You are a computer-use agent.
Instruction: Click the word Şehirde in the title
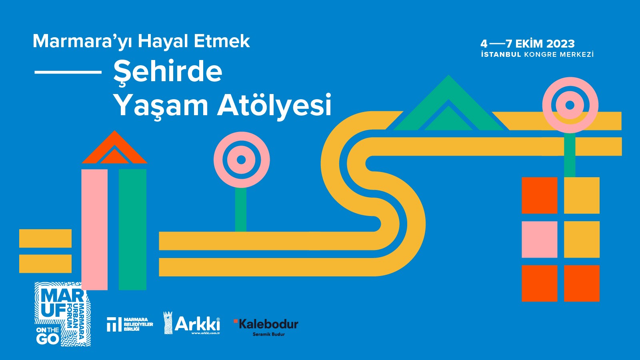[168, 72]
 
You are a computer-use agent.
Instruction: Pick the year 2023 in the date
[560, 44]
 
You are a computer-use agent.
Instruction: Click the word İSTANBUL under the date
[501, 54]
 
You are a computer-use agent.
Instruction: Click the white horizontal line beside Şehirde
[68, 72]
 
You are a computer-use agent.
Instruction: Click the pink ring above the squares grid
[570, 105]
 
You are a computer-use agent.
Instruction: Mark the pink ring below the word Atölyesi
[241, 160]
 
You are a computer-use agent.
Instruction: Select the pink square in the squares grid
[539, 239]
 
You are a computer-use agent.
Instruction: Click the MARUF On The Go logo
[62, 314]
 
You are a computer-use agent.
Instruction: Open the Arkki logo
[192, 323]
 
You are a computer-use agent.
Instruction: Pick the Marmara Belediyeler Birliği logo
[130, 324]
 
